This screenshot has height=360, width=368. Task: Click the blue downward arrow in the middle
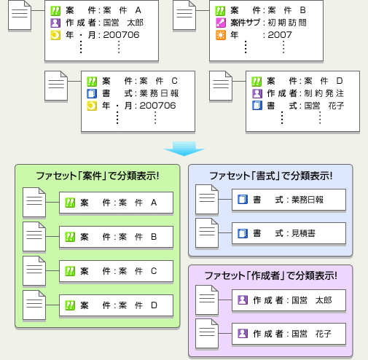point(184,149)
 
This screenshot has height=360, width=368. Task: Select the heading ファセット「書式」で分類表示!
point(270,176)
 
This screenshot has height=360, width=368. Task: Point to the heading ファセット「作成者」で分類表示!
point(270,276)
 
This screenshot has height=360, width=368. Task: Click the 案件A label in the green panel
point(116,203)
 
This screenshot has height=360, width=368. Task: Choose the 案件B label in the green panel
point(116,237)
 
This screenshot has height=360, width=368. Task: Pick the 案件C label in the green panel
point(116,271)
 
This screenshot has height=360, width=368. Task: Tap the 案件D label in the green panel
point(116,305)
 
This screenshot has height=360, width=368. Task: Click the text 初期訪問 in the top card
point(291,23)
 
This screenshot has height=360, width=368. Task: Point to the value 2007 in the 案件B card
point(281,34)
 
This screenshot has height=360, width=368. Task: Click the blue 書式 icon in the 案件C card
point(92,93)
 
